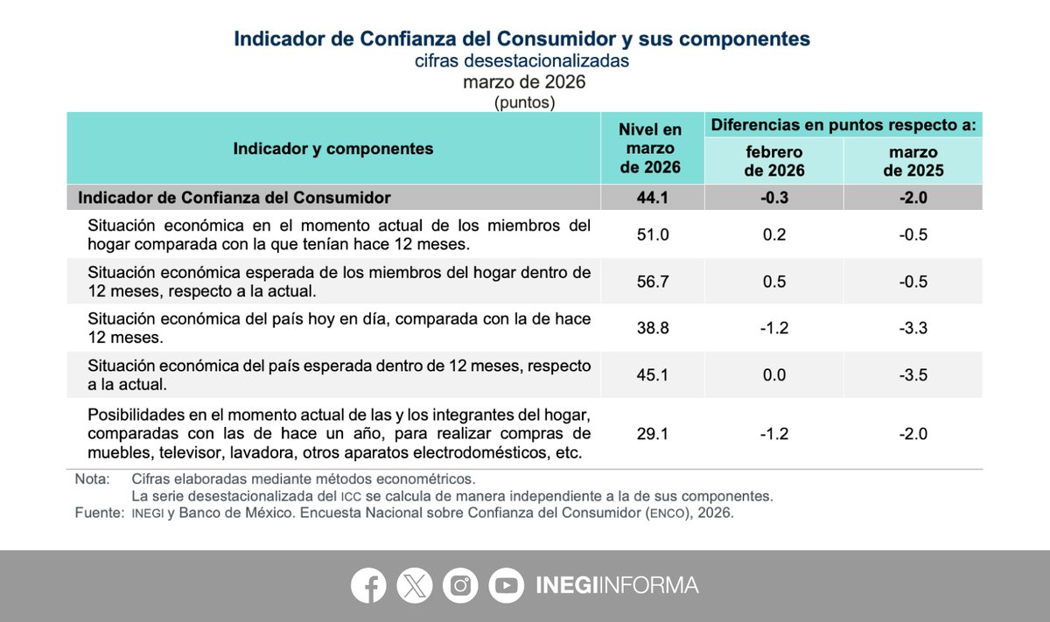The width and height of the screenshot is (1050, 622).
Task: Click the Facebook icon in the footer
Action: [368, 585]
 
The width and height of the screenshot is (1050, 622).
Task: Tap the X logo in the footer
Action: [414, 585]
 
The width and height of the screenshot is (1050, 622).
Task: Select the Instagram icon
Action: [460, 585]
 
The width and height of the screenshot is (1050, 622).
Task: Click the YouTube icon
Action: [506, 585]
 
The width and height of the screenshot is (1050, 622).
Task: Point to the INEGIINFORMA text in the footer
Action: [617, 585]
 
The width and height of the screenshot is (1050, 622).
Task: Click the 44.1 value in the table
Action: [652, 198]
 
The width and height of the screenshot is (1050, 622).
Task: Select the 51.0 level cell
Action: [652, 234]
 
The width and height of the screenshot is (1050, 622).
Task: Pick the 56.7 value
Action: [652, 282]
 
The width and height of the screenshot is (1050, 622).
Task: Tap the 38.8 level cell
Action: [652, 328]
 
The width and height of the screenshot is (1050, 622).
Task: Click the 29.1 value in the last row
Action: [652, 433]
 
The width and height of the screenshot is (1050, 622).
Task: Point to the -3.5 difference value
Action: [913, 375]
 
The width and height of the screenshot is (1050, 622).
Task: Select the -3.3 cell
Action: [913, 328]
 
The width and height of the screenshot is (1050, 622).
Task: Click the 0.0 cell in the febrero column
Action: [774, 375]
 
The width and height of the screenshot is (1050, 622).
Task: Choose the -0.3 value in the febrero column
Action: [774, 198]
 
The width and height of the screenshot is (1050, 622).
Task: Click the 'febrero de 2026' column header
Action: [774, 162]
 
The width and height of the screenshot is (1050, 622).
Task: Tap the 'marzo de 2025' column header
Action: [913, 162]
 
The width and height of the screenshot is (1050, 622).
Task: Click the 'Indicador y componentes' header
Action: [333, 149]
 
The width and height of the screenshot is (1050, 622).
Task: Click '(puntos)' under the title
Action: [524, 102]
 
